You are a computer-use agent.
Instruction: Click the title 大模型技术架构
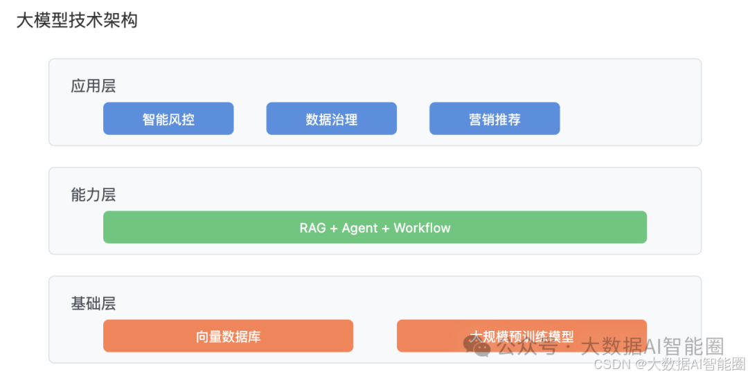(x=77, y=20)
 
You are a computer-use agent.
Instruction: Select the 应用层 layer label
(x=93, y=87)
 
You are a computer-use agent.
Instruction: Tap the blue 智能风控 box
(x=168, y=119)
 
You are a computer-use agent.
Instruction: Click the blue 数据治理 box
(x=331, y=119)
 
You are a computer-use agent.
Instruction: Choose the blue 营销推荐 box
(x=495, y=119)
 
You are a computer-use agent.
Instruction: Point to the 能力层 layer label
(x=93, y=195)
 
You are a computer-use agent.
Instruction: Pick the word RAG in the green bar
(x=312, y=228)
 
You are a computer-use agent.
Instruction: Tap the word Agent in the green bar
(x=359, y=228)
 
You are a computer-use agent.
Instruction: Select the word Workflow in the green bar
(x=422, y=228)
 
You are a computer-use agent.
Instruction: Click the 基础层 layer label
(x=93, y=303)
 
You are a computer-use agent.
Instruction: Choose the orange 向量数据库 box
(x=228, y=337)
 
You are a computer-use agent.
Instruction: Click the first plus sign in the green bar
(x=334, y=228)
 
